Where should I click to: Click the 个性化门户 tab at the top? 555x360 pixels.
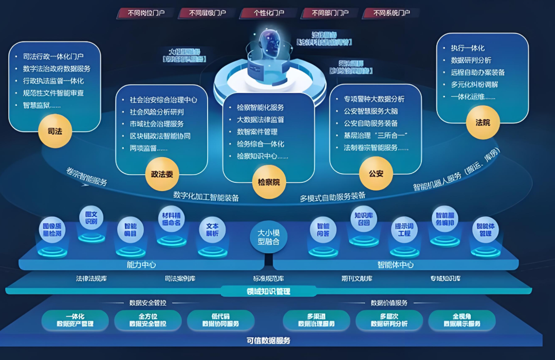click(269, 13)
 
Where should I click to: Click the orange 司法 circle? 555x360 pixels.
click(54, 131)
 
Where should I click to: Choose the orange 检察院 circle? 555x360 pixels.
click(269, 181)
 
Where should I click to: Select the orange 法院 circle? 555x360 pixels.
click(483, 123)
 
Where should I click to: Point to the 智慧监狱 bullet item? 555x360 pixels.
click(42, 105)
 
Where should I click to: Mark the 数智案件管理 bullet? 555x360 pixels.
click(257, 132)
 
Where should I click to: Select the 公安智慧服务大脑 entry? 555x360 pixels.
click(371, 111)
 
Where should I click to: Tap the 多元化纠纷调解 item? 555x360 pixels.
click(474, 84)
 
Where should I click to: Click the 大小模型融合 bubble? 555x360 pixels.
click(268, 237)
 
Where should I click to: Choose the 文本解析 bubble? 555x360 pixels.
click(212, 230)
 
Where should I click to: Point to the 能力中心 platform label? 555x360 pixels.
click(141, 265)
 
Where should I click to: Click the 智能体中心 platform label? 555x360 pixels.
click(396, 265)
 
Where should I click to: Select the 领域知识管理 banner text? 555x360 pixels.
click(269, 291)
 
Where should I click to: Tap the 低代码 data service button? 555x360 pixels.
click(220, 320)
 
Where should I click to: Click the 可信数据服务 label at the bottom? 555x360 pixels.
click(269, 340)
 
